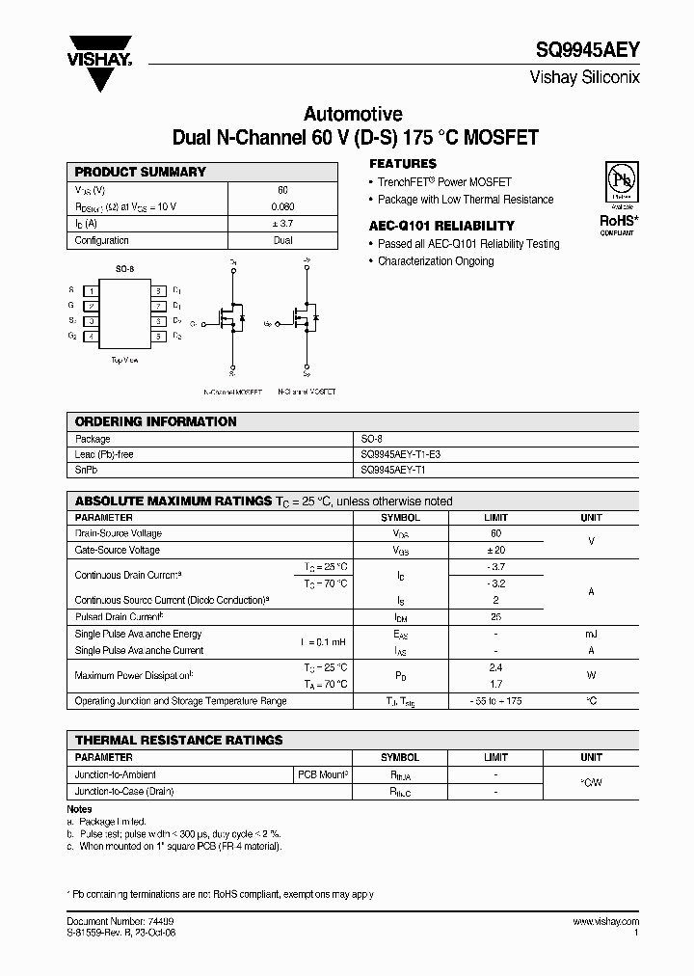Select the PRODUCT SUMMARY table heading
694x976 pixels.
click(x=141, y=172)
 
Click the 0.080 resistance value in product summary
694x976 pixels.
click(x=282, y=207)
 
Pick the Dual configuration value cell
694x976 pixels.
click(x=282, y=241)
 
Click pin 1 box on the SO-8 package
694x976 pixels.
click(x=91, y=290)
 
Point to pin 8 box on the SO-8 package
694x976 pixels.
click(x=157, y=290)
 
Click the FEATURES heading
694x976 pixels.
click(x=403, y=164)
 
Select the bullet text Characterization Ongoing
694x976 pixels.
click(x=435, y=261)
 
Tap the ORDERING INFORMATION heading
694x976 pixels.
click(x=155, y=421)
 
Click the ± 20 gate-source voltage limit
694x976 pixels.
click(x=495, y=550)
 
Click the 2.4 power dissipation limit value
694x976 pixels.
click(x=495, y=667)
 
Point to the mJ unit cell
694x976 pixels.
click(x=591, y=634)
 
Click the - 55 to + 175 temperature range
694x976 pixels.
click(x=495, y=701)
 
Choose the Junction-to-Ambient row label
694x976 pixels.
click(x=116, y=774)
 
